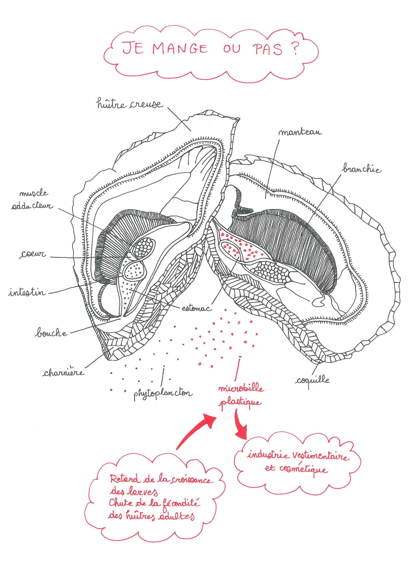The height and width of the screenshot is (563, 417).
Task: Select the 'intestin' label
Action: click(27, 292)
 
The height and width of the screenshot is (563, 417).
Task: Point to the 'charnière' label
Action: click(63, 372)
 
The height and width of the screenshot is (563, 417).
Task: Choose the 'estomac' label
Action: click(196, 308)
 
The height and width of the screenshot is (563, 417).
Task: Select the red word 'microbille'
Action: click(241, 388)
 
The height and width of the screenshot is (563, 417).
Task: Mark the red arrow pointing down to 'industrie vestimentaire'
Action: click(240, 426)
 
